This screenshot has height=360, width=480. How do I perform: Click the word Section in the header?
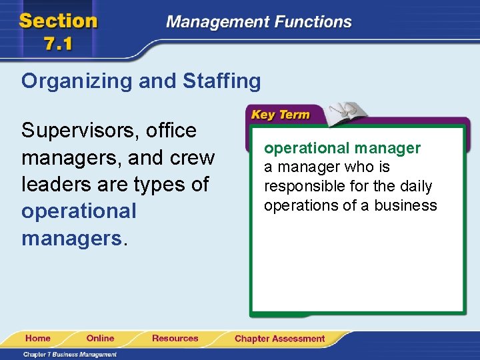pos(59,20)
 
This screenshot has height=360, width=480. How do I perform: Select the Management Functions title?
pos(259,22)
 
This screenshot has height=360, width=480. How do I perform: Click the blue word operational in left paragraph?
pos(79,211)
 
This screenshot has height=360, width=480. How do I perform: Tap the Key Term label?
pos(280,115)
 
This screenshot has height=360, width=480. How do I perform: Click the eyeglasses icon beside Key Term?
pos(345,110)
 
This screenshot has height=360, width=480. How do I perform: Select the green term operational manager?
pos(342,148)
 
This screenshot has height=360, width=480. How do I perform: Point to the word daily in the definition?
pos(415,186)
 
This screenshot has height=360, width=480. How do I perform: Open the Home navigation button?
pos(38,338)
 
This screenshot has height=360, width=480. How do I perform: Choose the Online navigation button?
pos(100,338)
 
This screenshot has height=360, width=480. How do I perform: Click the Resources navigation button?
pos(175,338)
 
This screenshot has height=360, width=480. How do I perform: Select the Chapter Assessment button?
pos(279,339)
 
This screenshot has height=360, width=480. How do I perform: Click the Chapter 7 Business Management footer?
pos(70,354)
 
